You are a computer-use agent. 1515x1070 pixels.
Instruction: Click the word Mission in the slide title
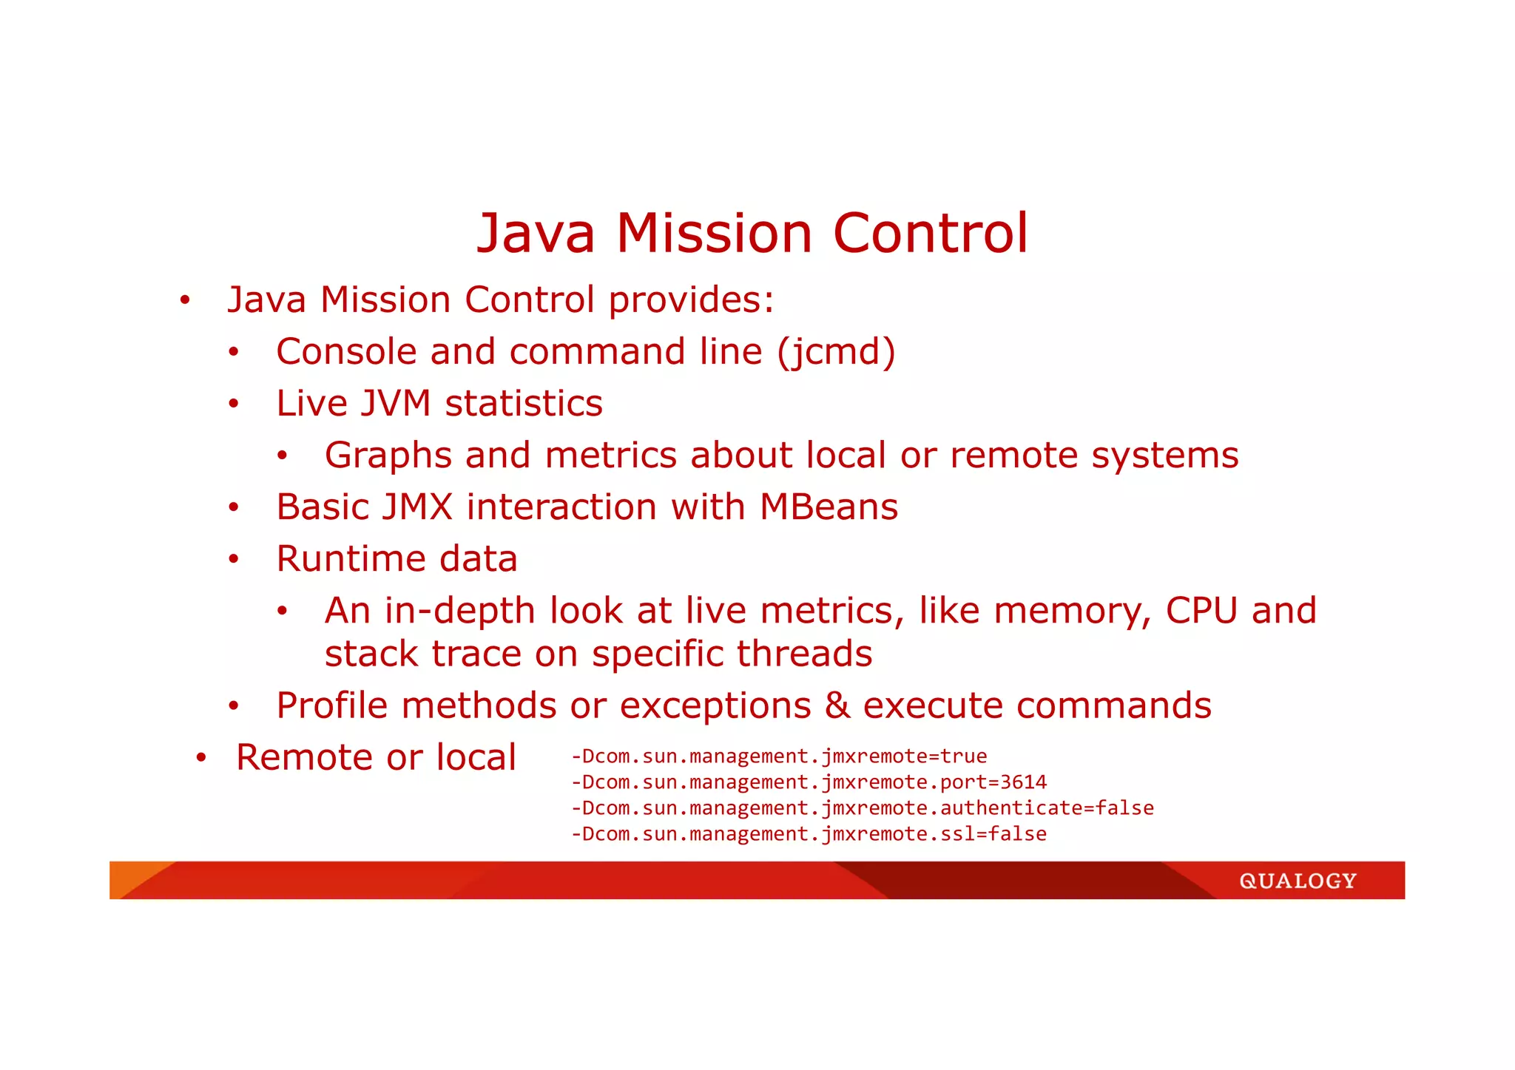(714, 234)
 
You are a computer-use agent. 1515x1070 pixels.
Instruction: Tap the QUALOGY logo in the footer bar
(1298, 881)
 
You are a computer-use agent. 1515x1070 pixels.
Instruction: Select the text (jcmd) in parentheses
(836, 352)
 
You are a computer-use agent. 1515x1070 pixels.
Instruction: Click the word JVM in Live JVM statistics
(395, 404)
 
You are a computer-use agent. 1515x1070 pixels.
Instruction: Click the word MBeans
(829, 507)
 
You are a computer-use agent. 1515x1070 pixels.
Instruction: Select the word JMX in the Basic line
(416, 507)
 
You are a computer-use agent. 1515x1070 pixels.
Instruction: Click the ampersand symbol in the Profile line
(837, 705)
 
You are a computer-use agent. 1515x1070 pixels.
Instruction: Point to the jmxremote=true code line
(779, 756)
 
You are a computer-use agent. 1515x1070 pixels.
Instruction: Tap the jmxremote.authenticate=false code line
(862, 808)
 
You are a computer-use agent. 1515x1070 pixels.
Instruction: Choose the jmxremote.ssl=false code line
(809, 834)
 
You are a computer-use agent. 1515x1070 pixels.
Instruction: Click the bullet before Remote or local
(200, 758)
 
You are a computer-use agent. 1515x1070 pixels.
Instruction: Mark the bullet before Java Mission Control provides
(185, 301)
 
